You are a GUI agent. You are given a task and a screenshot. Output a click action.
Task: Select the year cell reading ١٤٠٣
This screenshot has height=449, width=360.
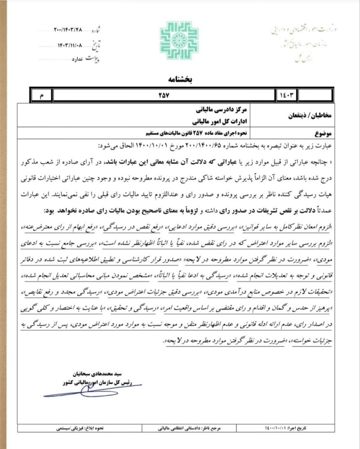(286, 95)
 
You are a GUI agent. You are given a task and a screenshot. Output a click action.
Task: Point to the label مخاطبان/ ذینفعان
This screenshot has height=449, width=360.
(310, 115)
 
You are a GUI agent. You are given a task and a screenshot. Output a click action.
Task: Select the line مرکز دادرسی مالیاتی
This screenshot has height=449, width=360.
(223, 110)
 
